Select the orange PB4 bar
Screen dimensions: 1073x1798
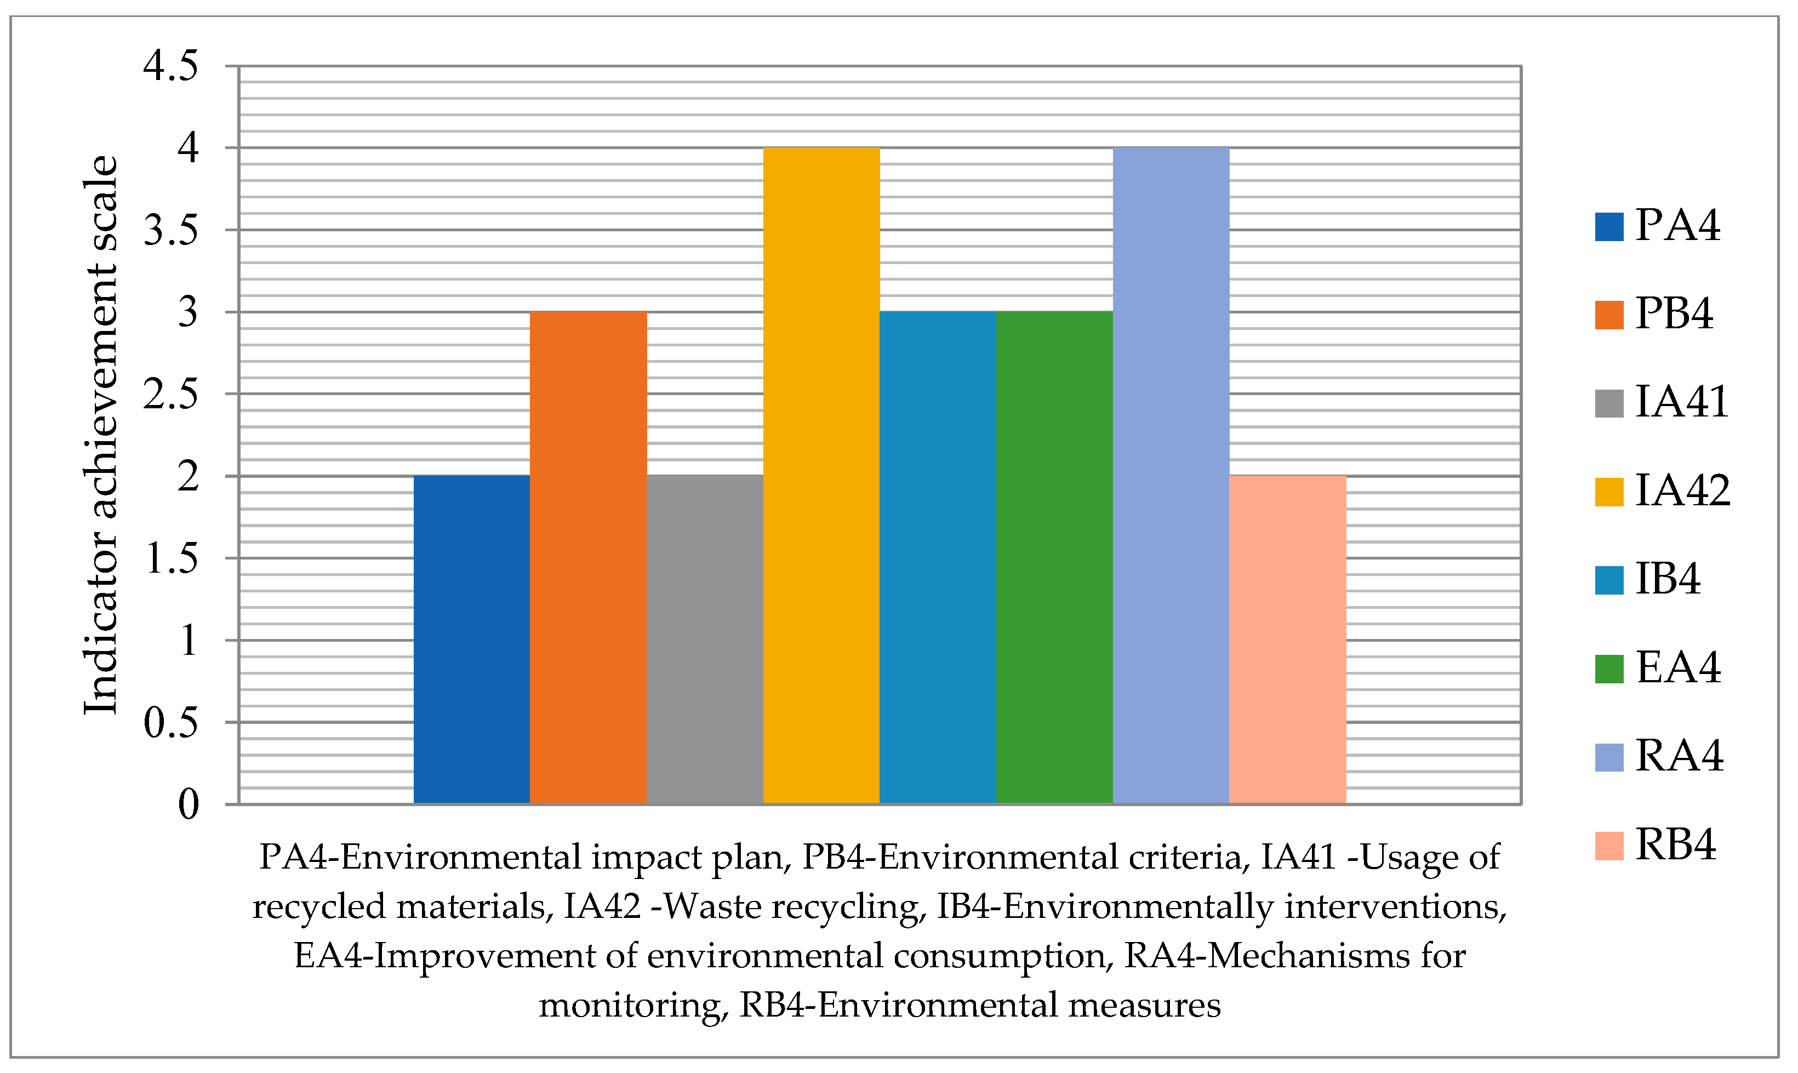click(588, 557)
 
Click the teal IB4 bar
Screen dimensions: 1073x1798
click(938, 557)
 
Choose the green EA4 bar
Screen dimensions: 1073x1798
click(1054, 557)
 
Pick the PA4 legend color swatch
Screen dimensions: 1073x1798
click(1609, 226)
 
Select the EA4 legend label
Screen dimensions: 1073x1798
click(1678, 666)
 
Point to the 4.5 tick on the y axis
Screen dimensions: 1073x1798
click(170, 66)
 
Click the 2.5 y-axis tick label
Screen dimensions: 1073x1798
click(170, 395)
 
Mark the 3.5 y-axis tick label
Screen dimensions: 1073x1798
click(170, 231)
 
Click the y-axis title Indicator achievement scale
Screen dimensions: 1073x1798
click(100, 434)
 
